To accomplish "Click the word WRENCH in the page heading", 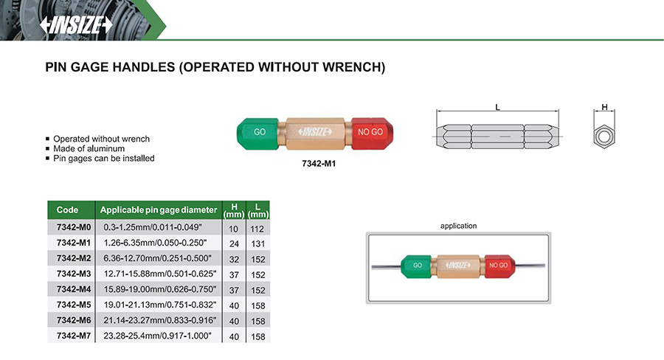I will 353,67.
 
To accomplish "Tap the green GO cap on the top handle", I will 258,132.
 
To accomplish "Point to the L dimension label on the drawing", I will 498,108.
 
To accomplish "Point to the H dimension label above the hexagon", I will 605,108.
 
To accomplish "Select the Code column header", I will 67,210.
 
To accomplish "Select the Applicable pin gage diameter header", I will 159,210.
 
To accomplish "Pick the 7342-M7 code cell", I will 72,335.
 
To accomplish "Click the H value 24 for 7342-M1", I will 234,243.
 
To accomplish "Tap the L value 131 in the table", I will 257,243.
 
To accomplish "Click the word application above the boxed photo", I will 458,226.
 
